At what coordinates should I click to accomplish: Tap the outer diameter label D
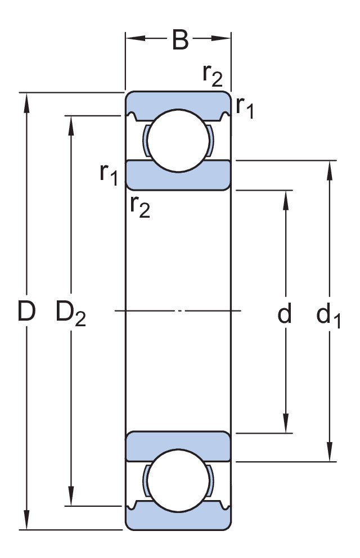[26, 312]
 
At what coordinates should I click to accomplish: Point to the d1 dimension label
[328, 315]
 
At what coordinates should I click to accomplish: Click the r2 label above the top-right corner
[213, 75]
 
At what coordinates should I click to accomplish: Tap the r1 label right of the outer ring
[245, 107]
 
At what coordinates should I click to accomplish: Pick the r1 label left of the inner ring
[109, 175]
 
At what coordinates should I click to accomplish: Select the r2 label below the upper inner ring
[140, 207]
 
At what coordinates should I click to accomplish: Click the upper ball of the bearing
[178, 141]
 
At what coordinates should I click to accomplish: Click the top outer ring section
[178, 100]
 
